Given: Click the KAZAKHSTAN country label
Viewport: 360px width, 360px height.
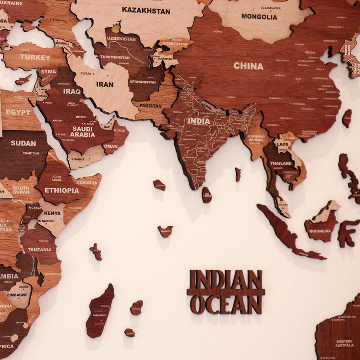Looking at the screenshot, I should tap(145, 10).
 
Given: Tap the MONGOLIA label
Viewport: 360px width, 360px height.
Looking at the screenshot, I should tap(259, 16).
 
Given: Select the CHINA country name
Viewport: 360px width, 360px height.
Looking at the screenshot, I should tap(248, 66).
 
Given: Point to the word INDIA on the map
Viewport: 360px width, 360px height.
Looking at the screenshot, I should tap(198, 121).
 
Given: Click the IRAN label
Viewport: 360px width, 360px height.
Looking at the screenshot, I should tap(105, 84).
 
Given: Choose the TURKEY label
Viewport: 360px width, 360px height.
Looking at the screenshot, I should tap(35, 57).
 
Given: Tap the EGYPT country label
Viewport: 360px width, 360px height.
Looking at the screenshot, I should tap(18, 112).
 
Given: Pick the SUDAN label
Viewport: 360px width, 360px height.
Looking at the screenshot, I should tap(23, 143).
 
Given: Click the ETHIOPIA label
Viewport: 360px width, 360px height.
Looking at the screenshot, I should tap(62, 190).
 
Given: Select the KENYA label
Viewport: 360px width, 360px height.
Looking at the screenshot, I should tap(52, 213).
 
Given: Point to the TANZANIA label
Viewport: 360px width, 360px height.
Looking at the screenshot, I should tap(39, 250).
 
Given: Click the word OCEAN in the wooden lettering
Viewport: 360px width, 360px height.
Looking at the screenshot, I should tap(226, 304).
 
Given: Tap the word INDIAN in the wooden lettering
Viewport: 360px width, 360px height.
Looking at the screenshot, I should tap(226, 280).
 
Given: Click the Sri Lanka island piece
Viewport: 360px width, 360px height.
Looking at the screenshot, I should tap(206, 194).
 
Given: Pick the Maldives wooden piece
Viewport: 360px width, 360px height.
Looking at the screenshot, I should tap(165, 231).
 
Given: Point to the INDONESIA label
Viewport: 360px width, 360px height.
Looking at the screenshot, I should tap(320, 231).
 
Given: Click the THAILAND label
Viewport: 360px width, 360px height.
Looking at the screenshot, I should tap(281, 163).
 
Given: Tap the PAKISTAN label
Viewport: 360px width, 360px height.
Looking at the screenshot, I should tap(151, 106).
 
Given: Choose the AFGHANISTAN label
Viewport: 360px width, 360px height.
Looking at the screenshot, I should tap(143, 82).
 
